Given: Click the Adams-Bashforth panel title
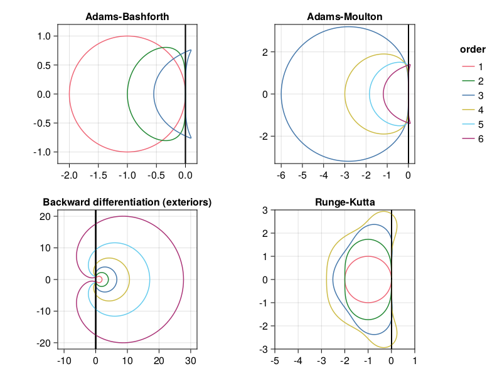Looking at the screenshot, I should tap(127, 16).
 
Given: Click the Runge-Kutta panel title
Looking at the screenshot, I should tap(344, 202).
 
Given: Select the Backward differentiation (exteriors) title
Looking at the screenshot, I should tap(127, 202).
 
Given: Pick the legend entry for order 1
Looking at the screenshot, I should tap(472, 66).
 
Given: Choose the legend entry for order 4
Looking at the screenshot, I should tap(472, 110).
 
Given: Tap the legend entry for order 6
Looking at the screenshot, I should tap(472, 138).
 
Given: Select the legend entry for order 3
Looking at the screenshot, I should tap(472, 95).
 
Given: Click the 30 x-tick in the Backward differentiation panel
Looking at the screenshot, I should tap(190, 360).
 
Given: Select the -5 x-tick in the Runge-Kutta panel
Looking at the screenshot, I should tap(274, 360).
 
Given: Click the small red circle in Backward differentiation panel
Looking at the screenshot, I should tap(99, 279).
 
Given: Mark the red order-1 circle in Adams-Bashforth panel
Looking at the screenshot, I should tap(69, 94).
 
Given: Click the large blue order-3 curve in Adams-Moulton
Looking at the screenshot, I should tap(281, 94).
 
